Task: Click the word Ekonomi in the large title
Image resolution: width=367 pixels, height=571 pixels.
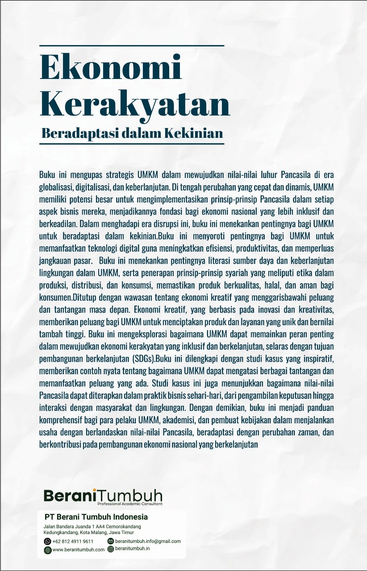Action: coord(111,68)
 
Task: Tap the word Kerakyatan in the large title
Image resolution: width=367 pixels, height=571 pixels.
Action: coord(135,103)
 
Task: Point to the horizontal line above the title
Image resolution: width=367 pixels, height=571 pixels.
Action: coord(131,46)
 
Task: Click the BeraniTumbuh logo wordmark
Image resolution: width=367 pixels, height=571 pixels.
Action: coord(103,496)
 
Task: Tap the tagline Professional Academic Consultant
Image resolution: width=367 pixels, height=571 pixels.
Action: coord(129,504)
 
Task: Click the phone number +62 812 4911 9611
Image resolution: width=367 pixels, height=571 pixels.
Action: coord(72,541)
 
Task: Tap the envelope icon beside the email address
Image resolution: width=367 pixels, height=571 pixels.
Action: coord(111,541)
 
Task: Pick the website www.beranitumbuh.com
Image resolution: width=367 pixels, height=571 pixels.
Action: coord(78,550)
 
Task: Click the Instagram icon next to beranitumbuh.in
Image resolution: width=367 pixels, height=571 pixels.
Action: coord(111,549)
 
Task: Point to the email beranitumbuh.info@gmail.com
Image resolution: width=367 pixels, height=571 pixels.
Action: coord(147,541)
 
